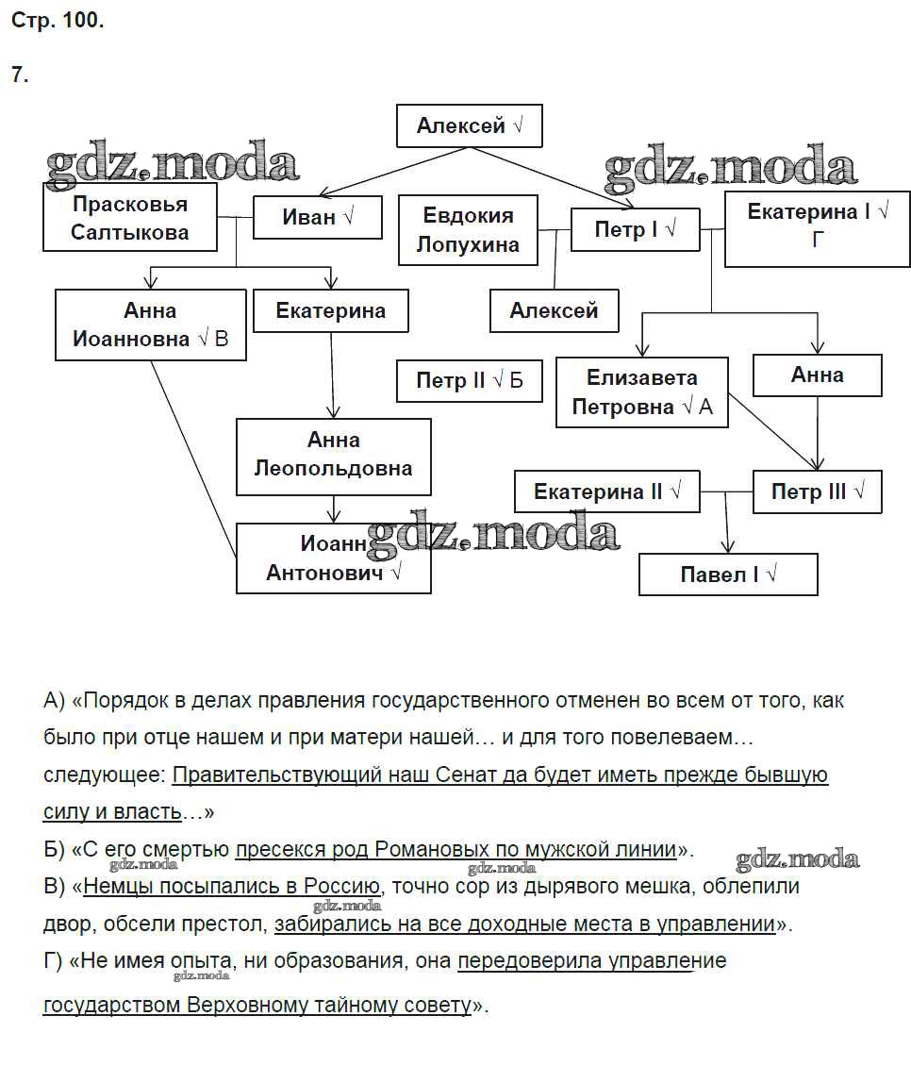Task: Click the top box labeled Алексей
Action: [x=469, y=126]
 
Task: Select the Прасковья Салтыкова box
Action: [x=129, y=218]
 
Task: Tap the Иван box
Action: [x=318, y=217]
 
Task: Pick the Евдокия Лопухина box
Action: [x=468, y=229]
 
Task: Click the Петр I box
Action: [x=635, y=229]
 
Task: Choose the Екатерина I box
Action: [x=817, y=225]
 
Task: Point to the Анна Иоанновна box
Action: [x=150, y=325]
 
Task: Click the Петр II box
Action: [x=469, y=381]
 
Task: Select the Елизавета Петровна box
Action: [x=641, y=391]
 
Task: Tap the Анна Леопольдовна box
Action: [x=333, y=456]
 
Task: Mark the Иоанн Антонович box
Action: [x=333, y=558]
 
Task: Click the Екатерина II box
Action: [x=606, y=491]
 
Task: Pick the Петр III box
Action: [x=817, y=491]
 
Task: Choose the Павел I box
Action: [x=727, y=575]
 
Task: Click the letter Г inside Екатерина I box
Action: [x=818, y=240]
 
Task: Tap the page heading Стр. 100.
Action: [x=57, y=23]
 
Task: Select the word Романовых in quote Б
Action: [x=421, y=849]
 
